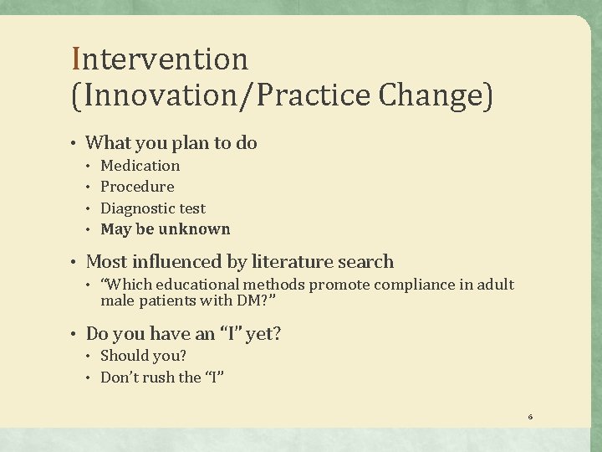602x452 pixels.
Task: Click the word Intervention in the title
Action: click(161, 59)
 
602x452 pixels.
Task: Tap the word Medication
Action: click(140, 166)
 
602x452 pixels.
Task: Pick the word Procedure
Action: click(137, 187)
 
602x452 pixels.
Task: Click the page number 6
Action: click(530, 416)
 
